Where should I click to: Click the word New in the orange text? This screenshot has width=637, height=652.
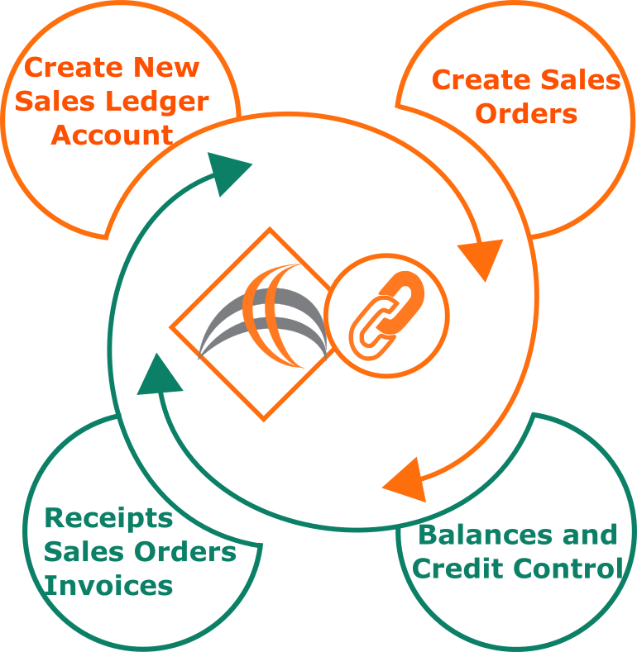pyautogui.click(x=166, y=67)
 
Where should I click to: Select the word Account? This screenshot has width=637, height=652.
pyautogui.click(x=112, y=136)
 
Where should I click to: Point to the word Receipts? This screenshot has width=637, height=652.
pyautogui.click(x=108, y=518)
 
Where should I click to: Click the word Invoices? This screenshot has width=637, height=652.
pyautogui.click(x=108, y=585)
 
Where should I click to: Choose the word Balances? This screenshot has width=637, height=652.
pyautogui.click(x=486, y=535)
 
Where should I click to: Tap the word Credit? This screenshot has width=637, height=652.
pyautogui.click(x=459, y=568)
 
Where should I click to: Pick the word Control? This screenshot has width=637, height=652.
pyautogui.click(x=568, y=568)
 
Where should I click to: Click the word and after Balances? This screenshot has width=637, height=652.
pyautogui.click(x=590, y=535)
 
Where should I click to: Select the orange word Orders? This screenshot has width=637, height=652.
pyautogui.click(x=526, y=113)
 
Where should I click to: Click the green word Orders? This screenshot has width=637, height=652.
pyautogui.click(x=185, y=552)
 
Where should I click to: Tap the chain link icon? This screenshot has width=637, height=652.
pyautogui.click(x=386, y=316)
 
